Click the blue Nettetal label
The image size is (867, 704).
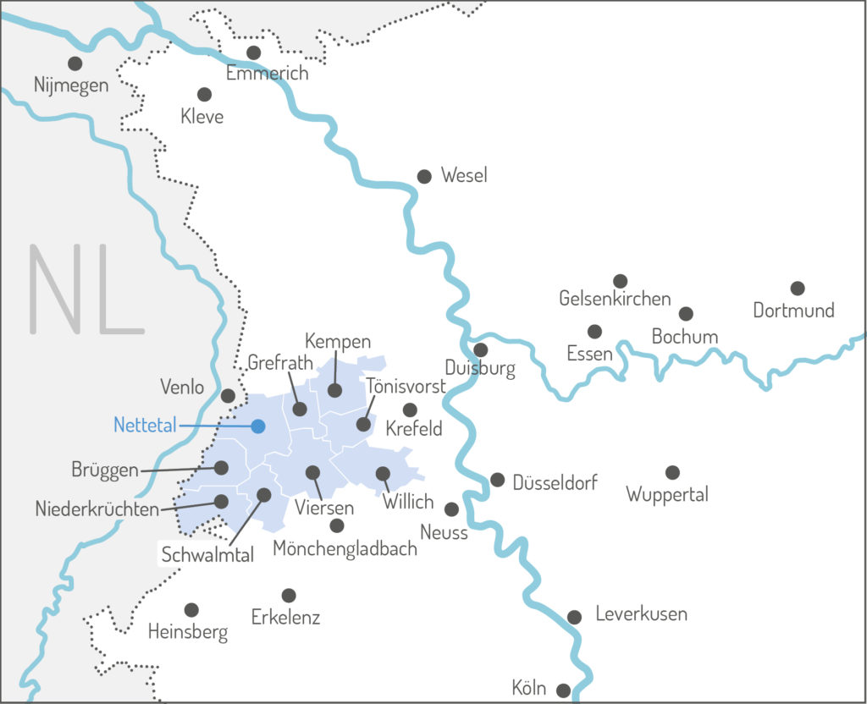145,426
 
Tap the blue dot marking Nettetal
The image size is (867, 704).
258,426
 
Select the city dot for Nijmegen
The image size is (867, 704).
75,63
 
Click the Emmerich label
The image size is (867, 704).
267,74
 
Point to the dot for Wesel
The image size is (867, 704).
424,176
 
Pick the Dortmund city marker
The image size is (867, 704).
797,289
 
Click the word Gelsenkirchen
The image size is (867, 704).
615,299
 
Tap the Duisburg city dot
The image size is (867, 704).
480,349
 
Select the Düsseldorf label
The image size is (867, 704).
555,482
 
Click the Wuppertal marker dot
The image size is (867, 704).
672,472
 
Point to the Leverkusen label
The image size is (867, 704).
641,614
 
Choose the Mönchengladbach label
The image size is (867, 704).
345,549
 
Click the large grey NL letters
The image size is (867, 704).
86,289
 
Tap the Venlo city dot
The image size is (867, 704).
228,395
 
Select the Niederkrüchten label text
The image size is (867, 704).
97,509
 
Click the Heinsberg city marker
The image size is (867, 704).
191,609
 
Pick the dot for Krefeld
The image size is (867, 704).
410,410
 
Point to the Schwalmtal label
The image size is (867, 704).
208,555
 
